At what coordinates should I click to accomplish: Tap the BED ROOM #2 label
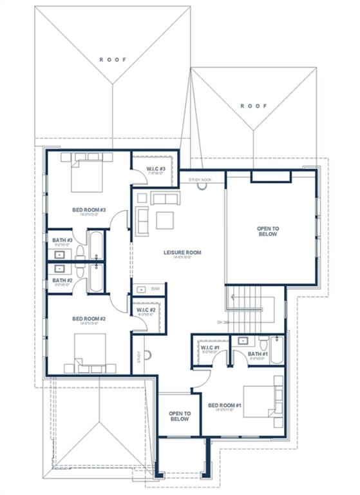click(89, 318)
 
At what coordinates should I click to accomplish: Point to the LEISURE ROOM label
click(182, 252)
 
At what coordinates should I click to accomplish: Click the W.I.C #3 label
click(156, 169)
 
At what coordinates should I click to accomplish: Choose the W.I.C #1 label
click(211, 348)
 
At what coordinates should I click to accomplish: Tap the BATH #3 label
click(62, 240)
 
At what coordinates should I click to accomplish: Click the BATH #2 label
click(62, 280)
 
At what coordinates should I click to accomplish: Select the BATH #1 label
click(258, 354)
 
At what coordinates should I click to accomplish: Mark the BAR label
click(155, 289)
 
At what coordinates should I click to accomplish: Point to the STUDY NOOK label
click(200, 180)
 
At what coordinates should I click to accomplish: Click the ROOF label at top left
click(113, 59)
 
